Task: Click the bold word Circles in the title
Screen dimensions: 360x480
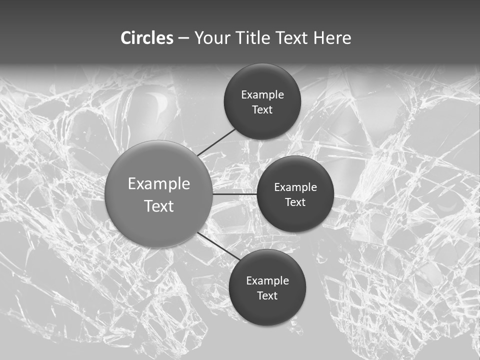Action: (x=146, y=38)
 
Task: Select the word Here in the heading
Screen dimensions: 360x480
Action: (x=332, y=38)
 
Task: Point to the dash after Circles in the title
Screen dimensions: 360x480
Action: (x=183, y=38)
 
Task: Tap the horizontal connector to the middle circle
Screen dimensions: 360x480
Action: (x=234, y=194)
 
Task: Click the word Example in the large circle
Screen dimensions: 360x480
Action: (x=159, y=184)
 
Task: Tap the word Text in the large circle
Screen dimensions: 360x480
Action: (x=159, y=206)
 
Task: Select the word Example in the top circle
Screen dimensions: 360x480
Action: (x=262, y=95)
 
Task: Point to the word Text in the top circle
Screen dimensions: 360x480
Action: (x=262, y=110)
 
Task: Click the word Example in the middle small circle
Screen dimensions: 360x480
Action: (x=295, y=187)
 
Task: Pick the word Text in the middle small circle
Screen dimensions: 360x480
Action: (x=295, y=202)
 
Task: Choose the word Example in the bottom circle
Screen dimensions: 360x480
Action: (x=267, y=281)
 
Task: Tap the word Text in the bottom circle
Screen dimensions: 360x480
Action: (x=267, y=296)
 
